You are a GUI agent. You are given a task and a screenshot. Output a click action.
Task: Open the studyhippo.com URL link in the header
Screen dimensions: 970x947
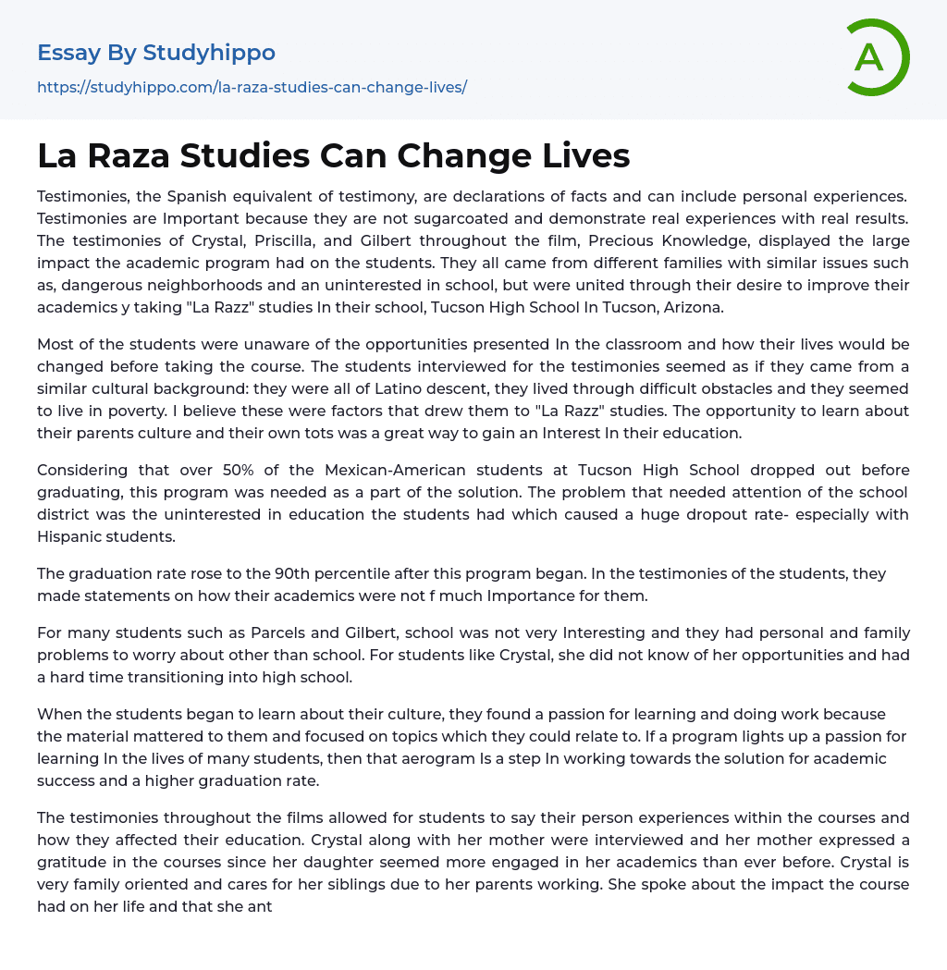tap(252, 87)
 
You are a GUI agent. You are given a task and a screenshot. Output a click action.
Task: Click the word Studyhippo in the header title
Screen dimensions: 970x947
tap(209, 53)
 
